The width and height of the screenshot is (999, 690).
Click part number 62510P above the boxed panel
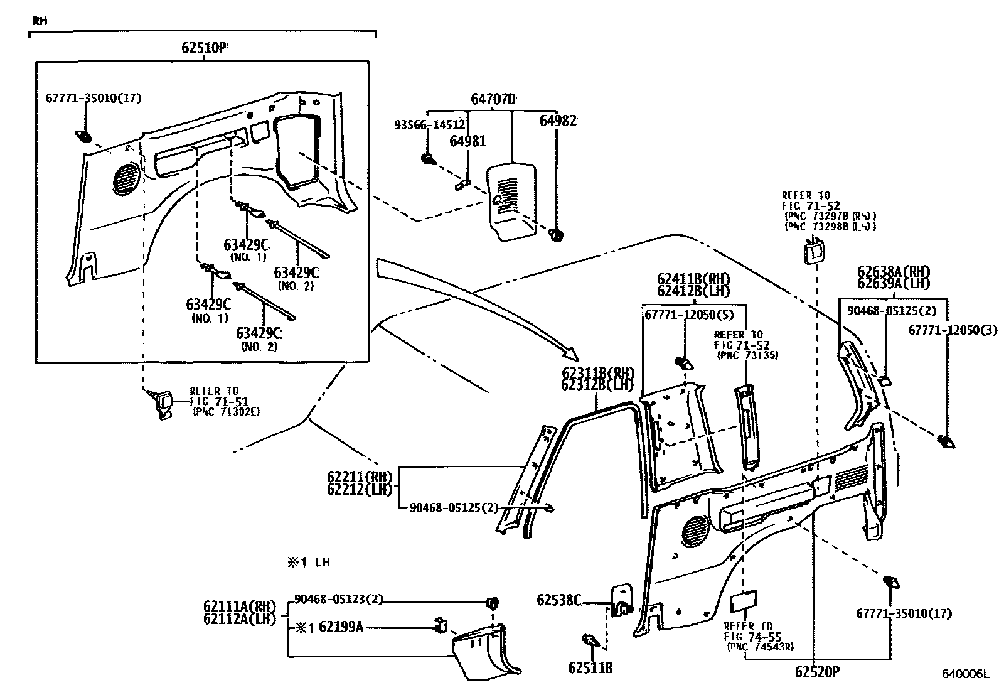[x=203, y=48]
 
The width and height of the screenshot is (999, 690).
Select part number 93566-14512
[x=430, y=125]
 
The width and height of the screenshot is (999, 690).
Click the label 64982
[x=558, y=121]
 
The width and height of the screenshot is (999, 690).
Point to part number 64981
[x=467, y=142]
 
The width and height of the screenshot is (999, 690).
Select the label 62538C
[x=558, y=600]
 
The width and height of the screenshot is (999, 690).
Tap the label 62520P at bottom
[x=816, y=672]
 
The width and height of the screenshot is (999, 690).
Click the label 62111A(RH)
[x=240, y=606]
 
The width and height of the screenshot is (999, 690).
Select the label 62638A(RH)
[x=894, y=272]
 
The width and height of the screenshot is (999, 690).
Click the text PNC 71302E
[x=226, y=412]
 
